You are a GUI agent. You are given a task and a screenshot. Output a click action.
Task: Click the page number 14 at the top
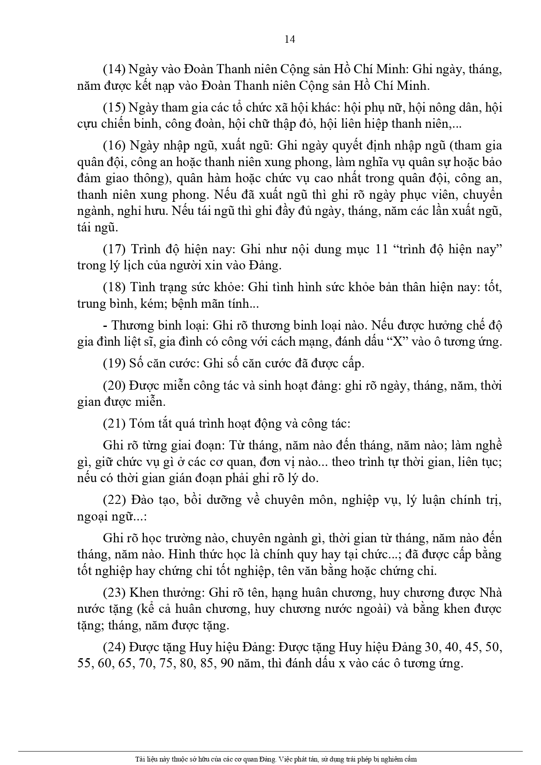[x=289, y=39]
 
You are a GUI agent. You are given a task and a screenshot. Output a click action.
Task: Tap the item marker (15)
[x=114, y=108]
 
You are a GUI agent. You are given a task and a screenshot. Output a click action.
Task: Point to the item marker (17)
[x=114, y=249]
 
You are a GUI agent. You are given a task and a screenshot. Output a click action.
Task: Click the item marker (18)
[x=114, y=288]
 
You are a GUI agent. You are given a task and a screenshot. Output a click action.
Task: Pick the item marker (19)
[x=114, y=363]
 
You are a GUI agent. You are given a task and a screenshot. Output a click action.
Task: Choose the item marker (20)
[x=114, y=386]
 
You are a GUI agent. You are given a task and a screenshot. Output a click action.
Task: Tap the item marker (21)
[x=114, y=423]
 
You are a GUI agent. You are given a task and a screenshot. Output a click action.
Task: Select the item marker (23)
[x=114, y=593]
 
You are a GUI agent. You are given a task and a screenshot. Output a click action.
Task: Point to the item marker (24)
[x=114, y=648]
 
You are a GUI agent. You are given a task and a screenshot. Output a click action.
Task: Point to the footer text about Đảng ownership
[x=276, y=759]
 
